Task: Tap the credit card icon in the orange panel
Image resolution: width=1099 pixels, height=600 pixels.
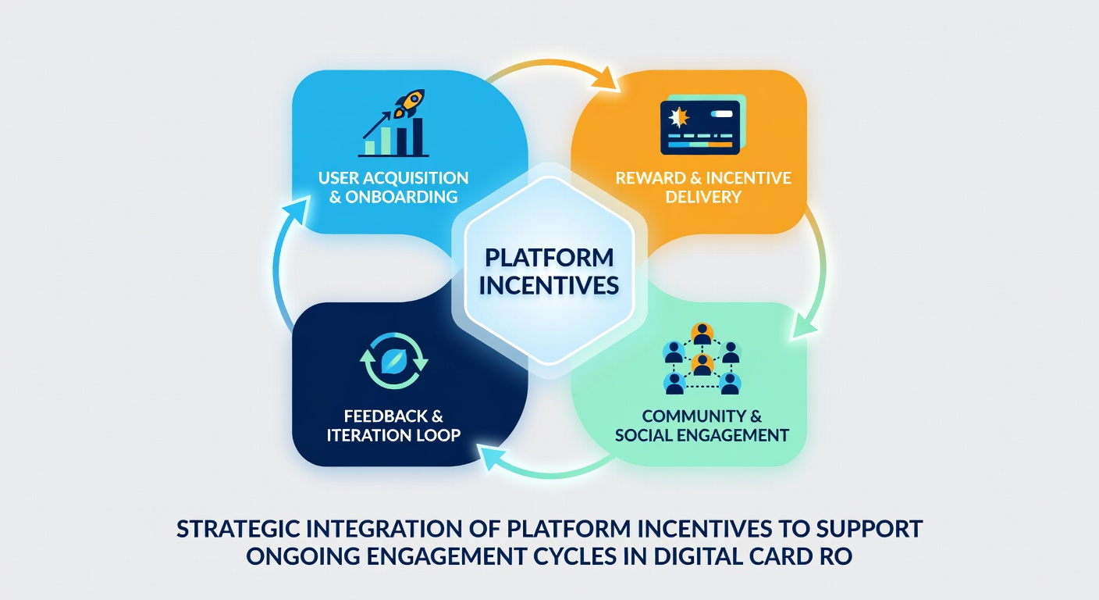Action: coord(702,125)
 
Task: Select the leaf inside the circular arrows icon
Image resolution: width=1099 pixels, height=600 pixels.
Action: coord(393,362)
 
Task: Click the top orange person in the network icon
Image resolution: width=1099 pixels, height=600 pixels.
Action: coord(702,334)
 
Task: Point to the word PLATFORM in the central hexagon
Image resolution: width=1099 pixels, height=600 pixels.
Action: coord(549,259)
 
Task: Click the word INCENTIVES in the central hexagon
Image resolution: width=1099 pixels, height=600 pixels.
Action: coord(549,286)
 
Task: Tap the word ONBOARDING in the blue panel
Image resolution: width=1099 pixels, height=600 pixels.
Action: coord(401,197)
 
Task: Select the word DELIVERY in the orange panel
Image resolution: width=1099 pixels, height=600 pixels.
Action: coord(703,197)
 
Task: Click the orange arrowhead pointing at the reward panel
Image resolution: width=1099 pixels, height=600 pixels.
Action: coord(606,79)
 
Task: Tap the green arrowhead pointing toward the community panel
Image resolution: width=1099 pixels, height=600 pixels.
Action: coord(805,327)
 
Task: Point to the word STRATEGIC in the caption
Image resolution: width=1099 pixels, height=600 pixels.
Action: coord(238,529)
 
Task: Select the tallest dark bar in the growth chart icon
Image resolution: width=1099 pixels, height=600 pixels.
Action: coord(418,137)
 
